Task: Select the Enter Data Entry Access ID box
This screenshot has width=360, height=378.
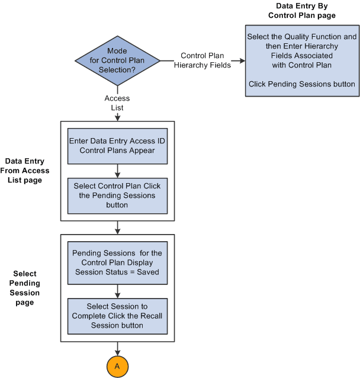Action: [x=117, y=145]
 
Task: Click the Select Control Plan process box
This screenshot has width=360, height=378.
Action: [x=117, y=195]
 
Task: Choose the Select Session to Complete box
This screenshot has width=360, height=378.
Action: [x=117, y=316]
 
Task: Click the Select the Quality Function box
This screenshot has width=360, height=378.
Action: [x=302, y=60]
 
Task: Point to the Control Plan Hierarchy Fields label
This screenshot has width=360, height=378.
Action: [x=205, y=60]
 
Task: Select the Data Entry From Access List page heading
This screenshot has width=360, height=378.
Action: [x=27, y=171]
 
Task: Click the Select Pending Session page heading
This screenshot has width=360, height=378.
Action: [x=25, y=288]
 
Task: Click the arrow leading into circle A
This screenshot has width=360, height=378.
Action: [x=117, y=350]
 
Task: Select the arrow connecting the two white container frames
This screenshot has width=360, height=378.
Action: [x=117, y=228]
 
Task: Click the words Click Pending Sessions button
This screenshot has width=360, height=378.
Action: [x=302, y=84]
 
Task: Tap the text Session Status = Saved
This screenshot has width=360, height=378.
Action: [x=117, y=272]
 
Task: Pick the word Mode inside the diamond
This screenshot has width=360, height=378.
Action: [x=117, y=51]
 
